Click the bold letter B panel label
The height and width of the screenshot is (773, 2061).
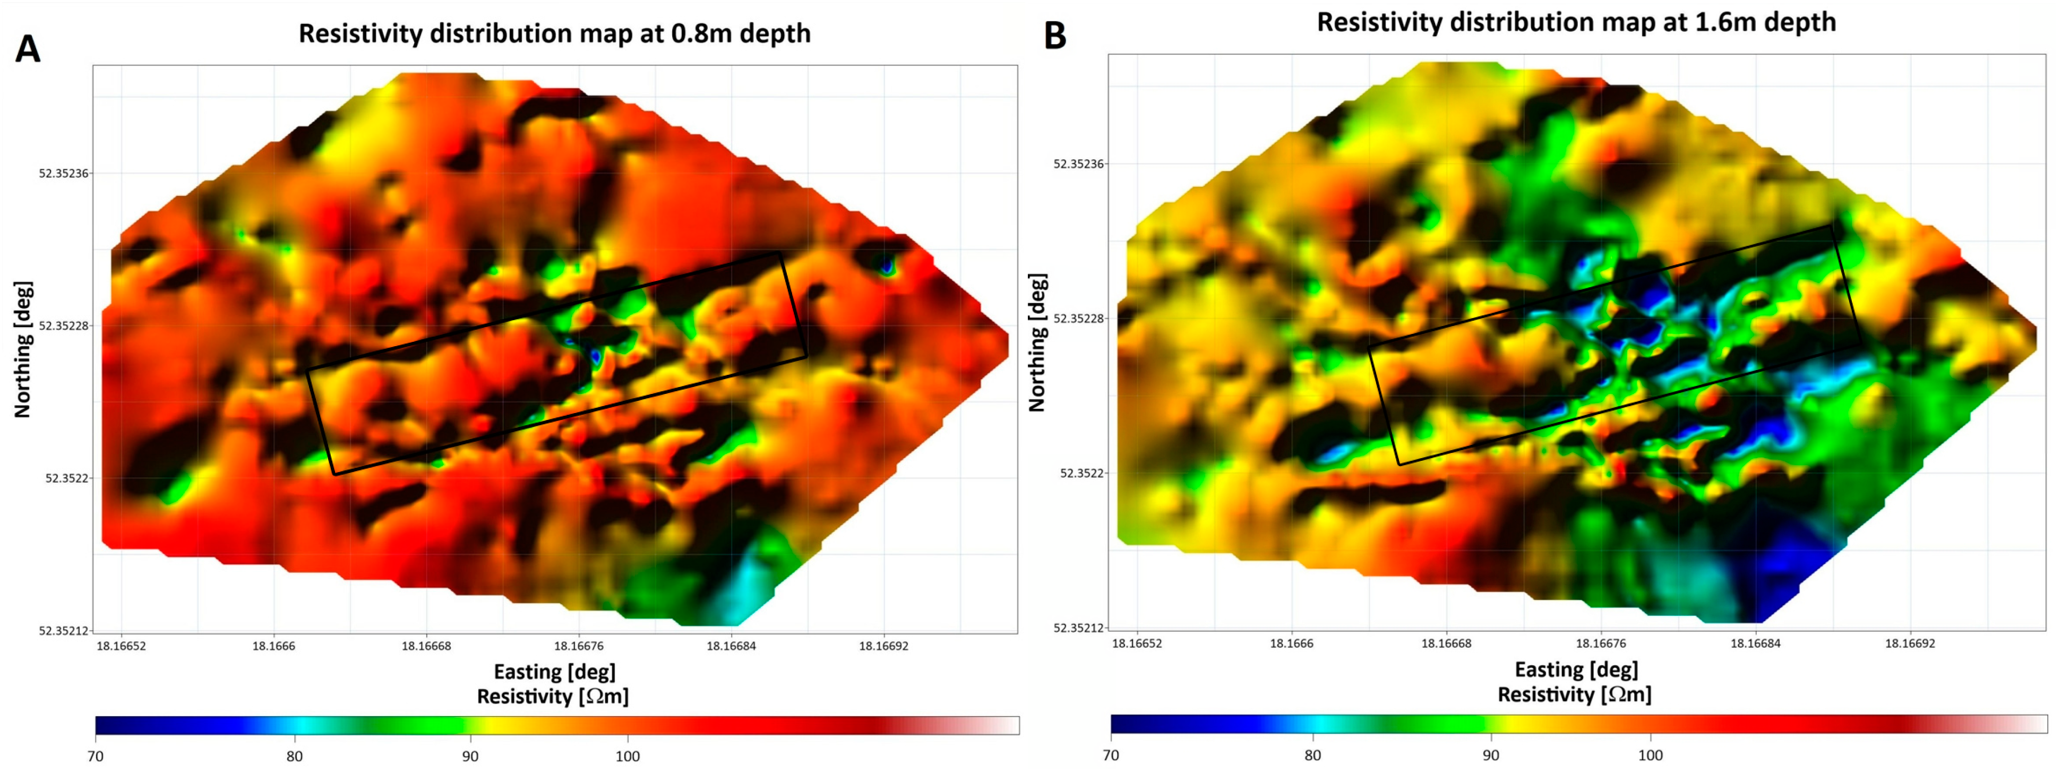click(x=1054, y=36)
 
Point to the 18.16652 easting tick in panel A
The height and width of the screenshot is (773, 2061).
click(x=122, y=646)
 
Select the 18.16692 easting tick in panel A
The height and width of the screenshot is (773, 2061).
click(x=883, y=646)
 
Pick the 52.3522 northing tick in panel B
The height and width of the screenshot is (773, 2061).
click(x=1081, y=473)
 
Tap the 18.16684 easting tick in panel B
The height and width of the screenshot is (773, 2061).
click(x=1755, y=642)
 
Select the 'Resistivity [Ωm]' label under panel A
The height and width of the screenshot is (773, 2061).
click(x=553, y=696)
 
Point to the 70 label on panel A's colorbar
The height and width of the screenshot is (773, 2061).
click(x=96, y=756)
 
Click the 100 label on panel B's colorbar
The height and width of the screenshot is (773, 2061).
click(x=1650, y=754)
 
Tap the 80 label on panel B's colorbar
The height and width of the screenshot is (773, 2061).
click(x=1312, y=754)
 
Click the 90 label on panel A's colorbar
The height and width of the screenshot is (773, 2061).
click(x=470, y=756)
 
